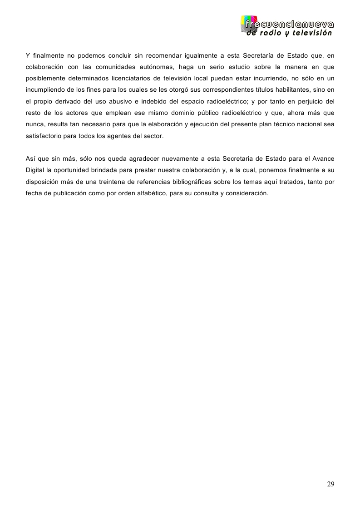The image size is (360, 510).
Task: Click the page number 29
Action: pyautogui.click(x=330, y=484)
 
